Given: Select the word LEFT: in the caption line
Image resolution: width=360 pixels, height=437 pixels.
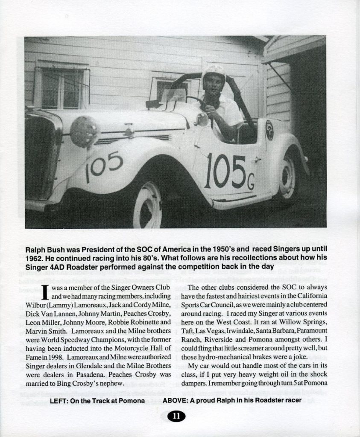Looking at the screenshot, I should coord(60,400).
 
